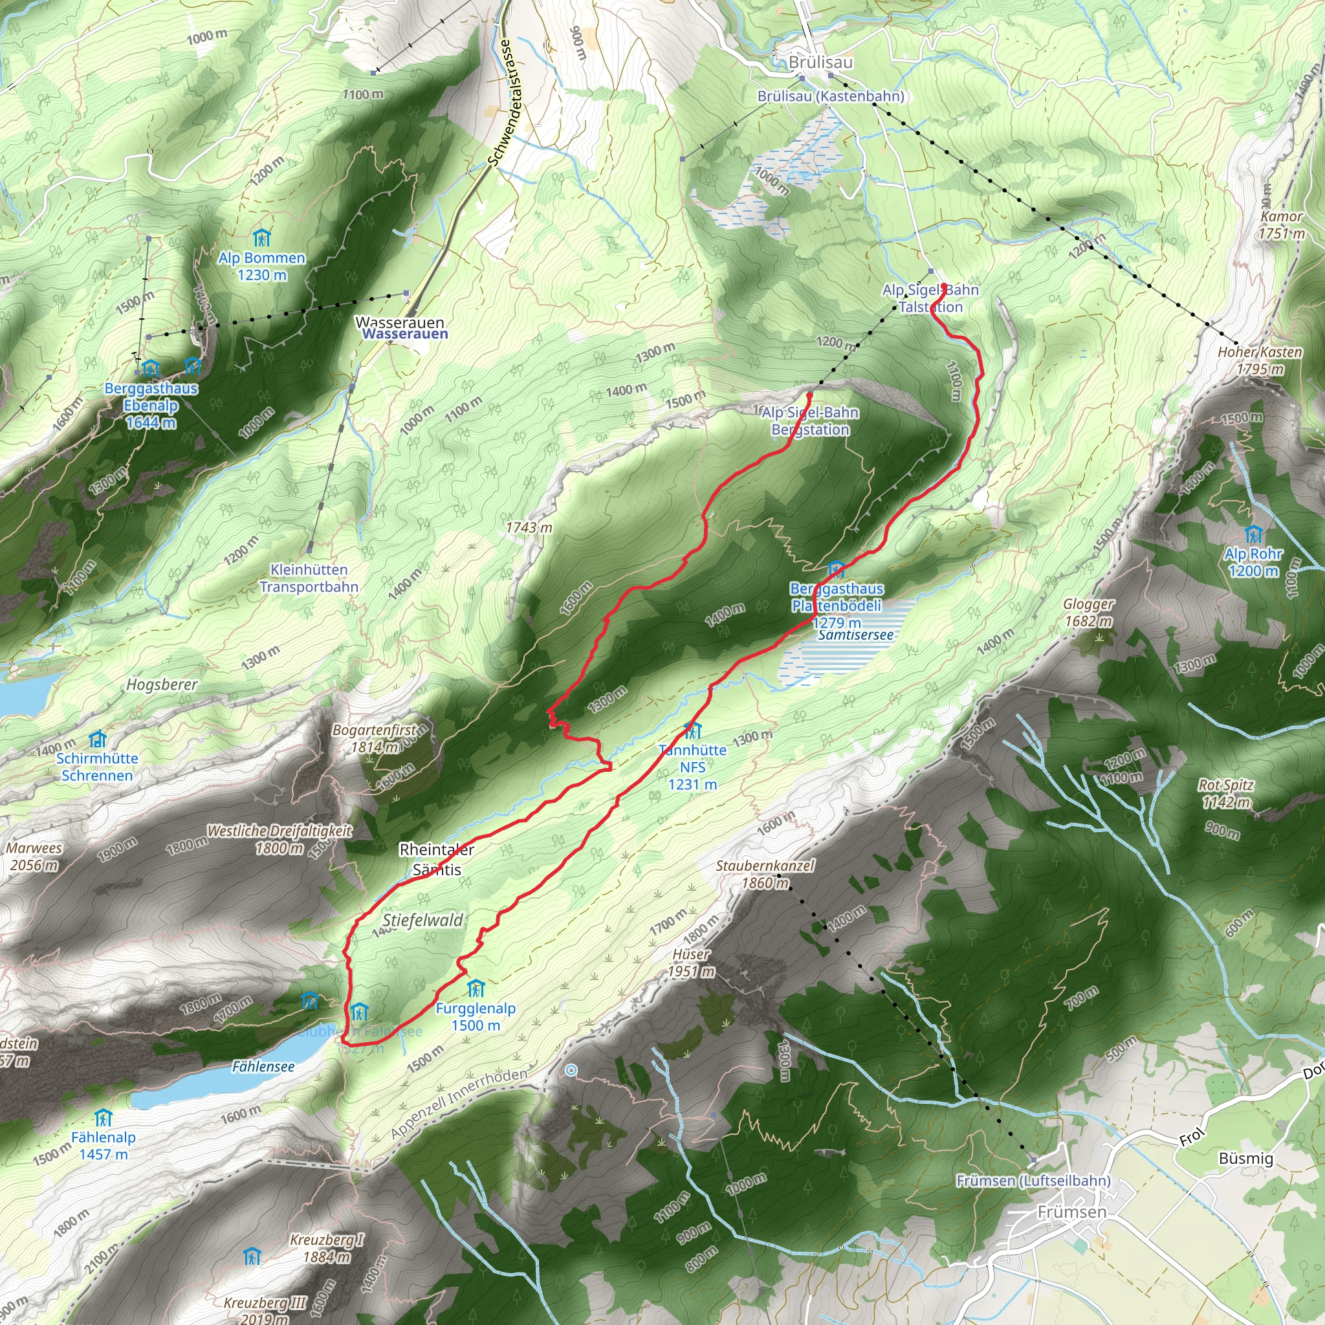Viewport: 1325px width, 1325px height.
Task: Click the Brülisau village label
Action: click(x=820, y=62)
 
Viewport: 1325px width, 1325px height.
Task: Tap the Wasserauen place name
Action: click(x=400, y=323)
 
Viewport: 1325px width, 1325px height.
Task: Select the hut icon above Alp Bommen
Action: click(x=261, y=238)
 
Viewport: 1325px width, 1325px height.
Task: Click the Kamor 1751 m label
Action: click(x=1281, y=225)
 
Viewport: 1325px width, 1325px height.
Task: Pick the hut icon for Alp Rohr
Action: click(x=1253, y=534)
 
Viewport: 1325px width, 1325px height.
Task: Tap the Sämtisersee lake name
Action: click(x=856, y=635)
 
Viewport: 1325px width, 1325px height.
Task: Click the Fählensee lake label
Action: click(x=263, y=1066)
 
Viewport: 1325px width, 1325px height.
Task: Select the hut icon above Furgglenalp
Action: click(x=476, y=989)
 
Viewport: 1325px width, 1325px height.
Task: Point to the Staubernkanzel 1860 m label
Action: click(x=765, y=873)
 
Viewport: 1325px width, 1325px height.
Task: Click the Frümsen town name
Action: click(x=1072, y=1212)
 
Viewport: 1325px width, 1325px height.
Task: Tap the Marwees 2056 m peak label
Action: click(x=34, y=856)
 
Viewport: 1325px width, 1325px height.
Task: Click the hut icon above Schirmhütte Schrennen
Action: click(x=98, y=739)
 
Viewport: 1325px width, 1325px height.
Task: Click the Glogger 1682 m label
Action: click(x=1088, y=613)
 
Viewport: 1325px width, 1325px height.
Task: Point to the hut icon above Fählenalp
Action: click(x=103, y=1118)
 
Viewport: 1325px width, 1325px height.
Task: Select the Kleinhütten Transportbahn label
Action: click(x=309, y=578)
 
